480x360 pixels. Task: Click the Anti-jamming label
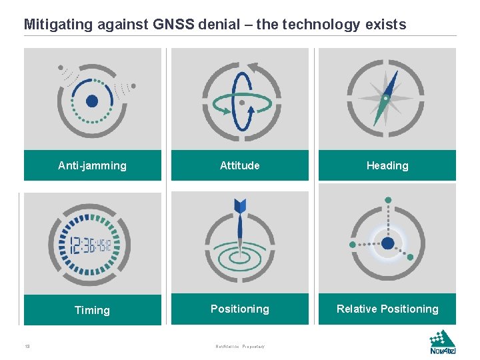pyautogui.click(x=92, y=166)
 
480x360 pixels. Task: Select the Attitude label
pyautogui.click(x=240, y=166)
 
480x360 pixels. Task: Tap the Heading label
pyautogui.click(x=387, y=166)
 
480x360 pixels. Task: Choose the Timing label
pyautogui.click(x=92, y=311)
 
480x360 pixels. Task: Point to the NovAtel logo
pyautogui.click(x=443, y=343)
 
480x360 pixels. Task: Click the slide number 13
pyautogui.click(x=27, y=346)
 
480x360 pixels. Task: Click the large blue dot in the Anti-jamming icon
pyautogui.click(x=92, y=101)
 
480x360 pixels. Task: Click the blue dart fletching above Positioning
pyautogui.click(x=240, y=205)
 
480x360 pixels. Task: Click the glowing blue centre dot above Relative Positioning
pyautogui.click(x=388, y=244)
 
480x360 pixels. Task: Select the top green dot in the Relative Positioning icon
pyautogui.click(x=388, y=200)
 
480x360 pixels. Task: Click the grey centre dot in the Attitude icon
pyautogui.click(x=242, y=103)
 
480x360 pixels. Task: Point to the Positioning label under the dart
pyautogui.click(x=240, y=309)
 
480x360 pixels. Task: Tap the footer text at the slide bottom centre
pyautogui.click(x=240, y=347)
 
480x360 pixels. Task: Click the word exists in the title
pyautogui.click(x=385, y=25)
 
